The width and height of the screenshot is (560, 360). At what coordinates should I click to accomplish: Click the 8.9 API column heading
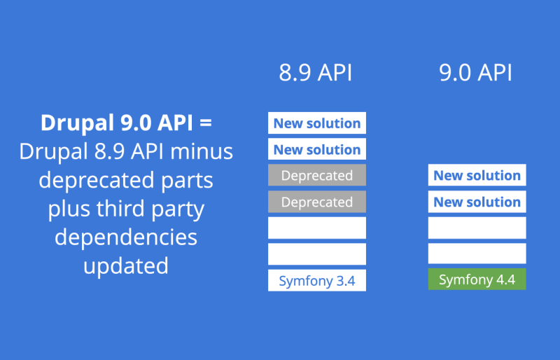(x=316, y=73)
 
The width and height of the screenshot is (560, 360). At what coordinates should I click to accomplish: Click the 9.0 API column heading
(x=475, y=73)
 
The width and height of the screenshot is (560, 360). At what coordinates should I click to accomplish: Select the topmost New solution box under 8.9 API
(x=317, y=123)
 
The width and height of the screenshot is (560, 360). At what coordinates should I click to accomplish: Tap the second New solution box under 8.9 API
(x=317, y=149)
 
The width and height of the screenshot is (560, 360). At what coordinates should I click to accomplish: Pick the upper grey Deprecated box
(x=317, y=175)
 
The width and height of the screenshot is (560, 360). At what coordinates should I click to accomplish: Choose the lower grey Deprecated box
(x=317, y=202)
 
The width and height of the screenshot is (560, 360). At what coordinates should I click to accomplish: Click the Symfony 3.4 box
(x=317, y=280)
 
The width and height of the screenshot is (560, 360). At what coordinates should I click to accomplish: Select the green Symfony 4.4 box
(x=477, y=279)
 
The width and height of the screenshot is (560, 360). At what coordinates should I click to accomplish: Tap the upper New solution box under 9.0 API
(x=477, y=175)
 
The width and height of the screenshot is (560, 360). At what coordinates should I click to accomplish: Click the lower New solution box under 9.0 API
(x=477, y=202)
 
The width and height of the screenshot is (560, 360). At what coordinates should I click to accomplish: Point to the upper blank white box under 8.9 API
(x=317, y=228)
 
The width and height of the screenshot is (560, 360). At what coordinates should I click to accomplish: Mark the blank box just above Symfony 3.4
(x=317, y=254)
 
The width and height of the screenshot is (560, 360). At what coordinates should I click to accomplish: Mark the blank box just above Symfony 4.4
(x=477, y=254)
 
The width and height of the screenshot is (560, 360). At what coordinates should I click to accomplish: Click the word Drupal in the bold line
(x=78, y=123)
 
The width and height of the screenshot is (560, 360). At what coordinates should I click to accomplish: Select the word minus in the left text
(x=202, y=151)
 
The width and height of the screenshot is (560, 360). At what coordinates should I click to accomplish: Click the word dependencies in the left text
(x=126, y=237)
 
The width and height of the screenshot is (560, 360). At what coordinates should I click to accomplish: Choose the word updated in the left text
(x=126, y=266)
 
